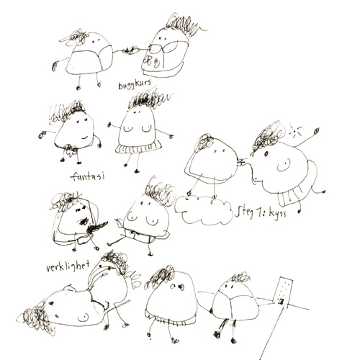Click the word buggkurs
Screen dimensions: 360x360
[135, 84]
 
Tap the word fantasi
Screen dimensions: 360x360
[88, 177]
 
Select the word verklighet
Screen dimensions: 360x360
[68, 266]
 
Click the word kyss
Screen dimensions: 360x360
[277, 213]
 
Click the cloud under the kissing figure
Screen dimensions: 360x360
[203, 210]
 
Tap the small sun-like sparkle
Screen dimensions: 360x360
[295, 131]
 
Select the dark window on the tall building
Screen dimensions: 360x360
[281, 301]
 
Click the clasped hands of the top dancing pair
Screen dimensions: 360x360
[130, 50]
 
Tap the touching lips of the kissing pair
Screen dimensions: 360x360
[242, 163]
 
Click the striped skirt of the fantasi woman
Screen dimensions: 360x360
[139, 148]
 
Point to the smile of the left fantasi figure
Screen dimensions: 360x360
[85, 138]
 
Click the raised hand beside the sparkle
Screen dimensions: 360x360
[317, 131]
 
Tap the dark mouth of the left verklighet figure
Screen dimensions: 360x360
[84, 221]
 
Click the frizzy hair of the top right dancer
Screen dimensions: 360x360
[183, 25]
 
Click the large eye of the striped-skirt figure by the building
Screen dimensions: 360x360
[181, 287]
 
